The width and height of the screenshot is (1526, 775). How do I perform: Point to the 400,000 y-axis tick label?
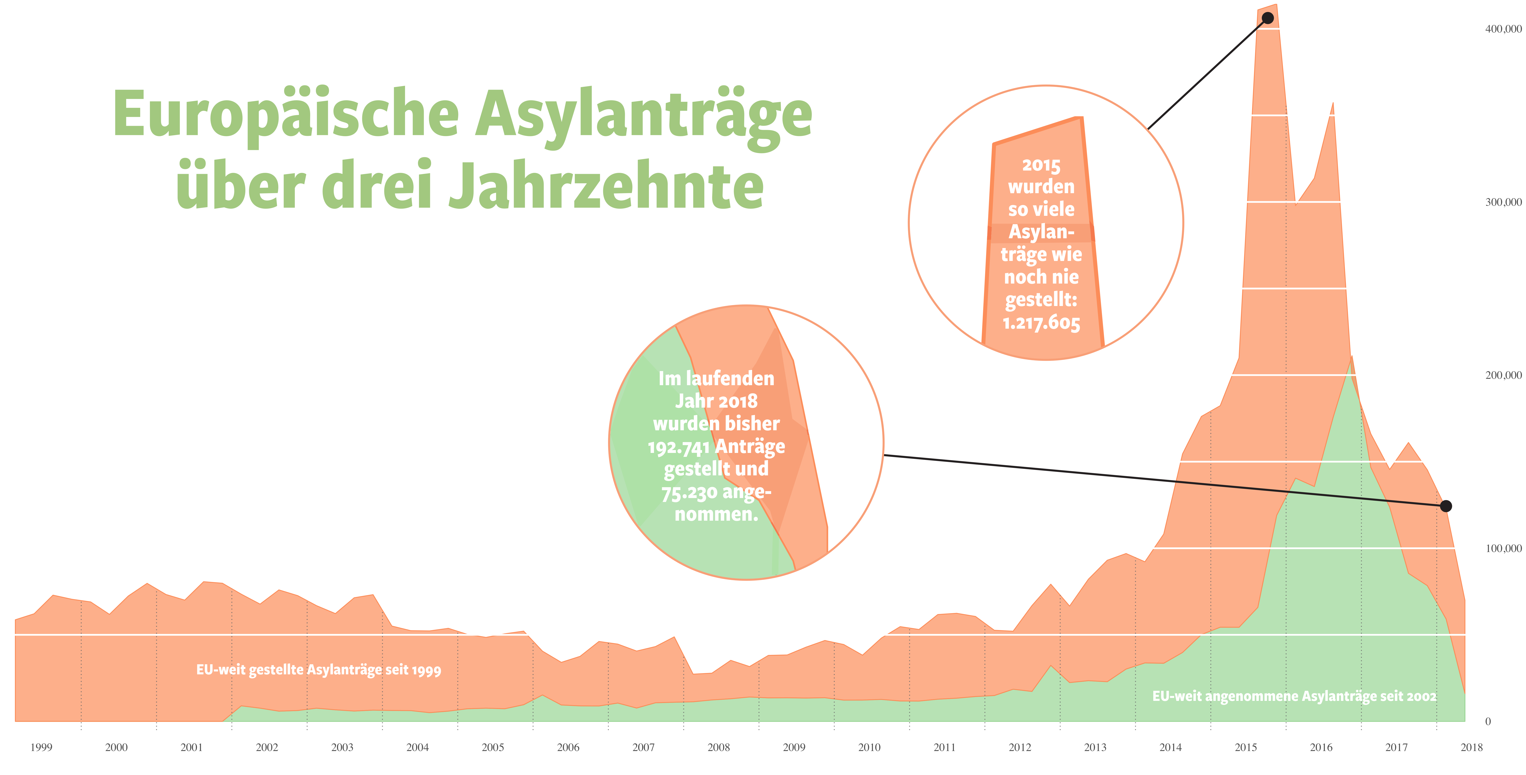(x=1503, y=29)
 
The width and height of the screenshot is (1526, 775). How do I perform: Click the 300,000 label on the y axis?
(x=1503, y=202)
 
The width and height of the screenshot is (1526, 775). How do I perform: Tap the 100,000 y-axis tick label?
(x=1503, y=548)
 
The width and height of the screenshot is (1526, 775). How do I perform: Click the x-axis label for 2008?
(x=719, y=747)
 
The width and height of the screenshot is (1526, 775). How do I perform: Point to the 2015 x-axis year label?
(x=1246, y=747)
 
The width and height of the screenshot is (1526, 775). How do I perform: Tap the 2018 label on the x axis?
(x=1472, y=747)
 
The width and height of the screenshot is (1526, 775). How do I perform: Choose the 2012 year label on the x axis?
(x=1019, y=747)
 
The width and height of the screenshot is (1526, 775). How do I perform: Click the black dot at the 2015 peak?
(x=1268, y=18)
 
